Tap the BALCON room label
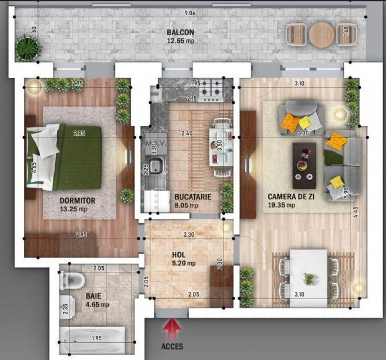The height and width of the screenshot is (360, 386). click(x=181, y=32)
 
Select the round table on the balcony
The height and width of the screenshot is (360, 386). click(x=321, y=35)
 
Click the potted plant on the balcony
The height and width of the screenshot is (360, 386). click(x=28, y=48)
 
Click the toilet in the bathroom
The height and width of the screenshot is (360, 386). click(x=72, y=281)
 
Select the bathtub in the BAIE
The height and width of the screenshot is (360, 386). click(x=93, y=339)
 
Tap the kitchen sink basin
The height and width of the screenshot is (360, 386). click(x=156, y=165)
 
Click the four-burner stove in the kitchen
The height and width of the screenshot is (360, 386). click(x=211, y=90)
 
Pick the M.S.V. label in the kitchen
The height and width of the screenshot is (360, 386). click(x=156, y=143)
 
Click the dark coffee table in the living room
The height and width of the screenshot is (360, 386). click(x=304, y=165)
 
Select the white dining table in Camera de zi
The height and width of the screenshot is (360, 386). click(x=309, y=278)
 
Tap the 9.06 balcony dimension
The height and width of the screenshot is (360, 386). click(x=190, y=13)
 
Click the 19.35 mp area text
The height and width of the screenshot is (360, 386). click(x=281, y=205)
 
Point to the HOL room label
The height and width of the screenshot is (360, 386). click(x=179, y=255)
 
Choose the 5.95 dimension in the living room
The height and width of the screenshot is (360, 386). click(x=347, y=193)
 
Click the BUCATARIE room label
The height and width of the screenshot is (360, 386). click(x=193, y=197)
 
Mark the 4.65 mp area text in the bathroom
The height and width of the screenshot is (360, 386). click(x=98, y=305)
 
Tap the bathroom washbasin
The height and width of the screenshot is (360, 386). click(x=68, y=307)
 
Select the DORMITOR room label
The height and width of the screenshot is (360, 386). click(x=77, y=201)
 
